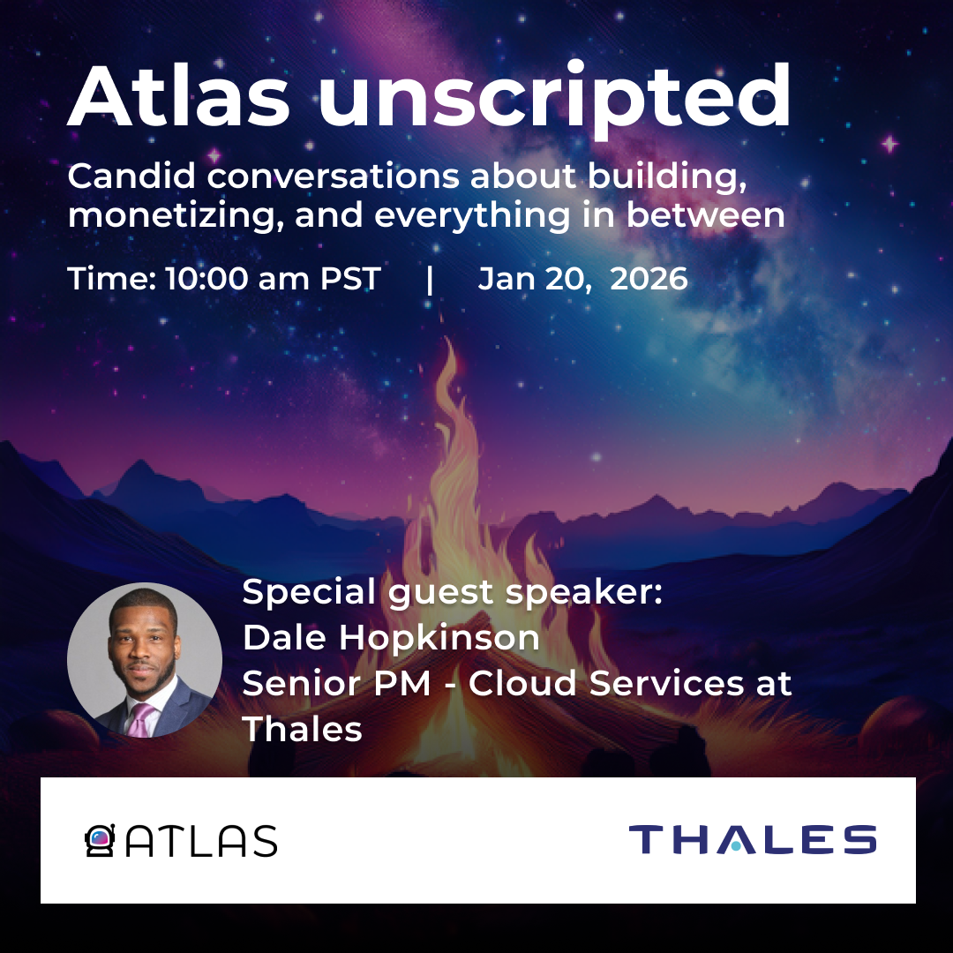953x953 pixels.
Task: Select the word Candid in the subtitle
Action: (131, 176)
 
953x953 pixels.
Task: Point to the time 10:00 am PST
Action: (273, 278)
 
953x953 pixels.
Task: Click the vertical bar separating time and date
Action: (430, 280)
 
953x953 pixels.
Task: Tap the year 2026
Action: (649, 278)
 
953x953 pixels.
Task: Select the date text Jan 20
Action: (534, 279)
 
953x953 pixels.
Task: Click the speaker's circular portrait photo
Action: (145, 660)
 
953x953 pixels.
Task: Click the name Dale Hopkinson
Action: (391, 638)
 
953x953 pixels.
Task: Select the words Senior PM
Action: (337, 683)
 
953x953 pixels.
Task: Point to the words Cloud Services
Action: (606, 682)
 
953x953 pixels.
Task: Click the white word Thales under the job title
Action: (302, 729)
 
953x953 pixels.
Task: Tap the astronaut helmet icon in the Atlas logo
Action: (101, 841)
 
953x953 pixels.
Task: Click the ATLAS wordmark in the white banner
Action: (201, 841)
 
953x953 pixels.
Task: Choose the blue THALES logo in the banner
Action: (753, 839)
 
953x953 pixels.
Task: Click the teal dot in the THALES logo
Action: (736, 845)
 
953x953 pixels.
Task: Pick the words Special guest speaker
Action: (452, 592)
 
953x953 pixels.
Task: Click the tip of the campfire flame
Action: (449, 338)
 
